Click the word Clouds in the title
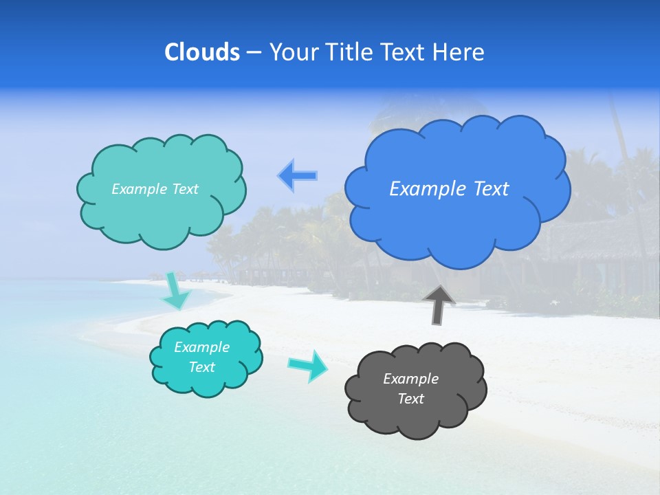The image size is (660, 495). pyautogui.click(x=202, y=52)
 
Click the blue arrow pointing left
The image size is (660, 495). pyautogui.click(x=297, y=176)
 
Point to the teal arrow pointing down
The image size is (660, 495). pyautogui.click(x=177, y=291)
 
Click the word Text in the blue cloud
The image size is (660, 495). pyautogui.click(x=491, y=189)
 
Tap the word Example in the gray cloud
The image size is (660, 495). pyautogui.click(x=410, y=379)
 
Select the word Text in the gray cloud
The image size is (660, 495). pyautogui.click(x=410, y=399)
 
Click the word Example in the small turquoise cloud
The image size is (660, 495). pyautogui.click(x=201, y=347)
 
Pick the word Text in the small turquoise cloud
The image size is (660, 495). pyautogui.click(x=201, y=367)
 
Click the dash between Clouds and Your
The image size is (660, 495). pyautogui.click(x=254, y=53)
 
